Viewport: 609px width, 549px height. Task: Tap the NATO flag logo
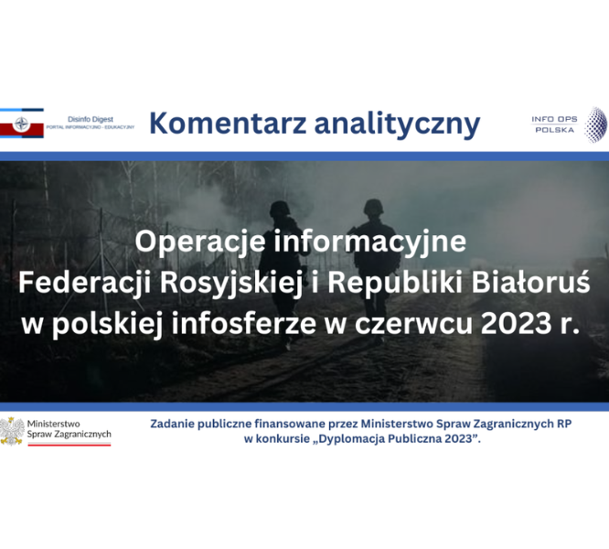tap(21, 124)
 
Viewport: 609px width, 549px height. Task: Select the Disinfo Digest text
tap(91, 119)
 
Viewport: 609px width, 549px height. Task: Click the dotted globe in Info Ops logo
tap(596, 124)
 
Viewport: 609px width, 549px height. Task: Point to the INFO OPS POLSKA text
tap(554, 124)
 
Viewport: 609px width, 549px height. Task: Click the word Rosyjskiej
tap(231, 284)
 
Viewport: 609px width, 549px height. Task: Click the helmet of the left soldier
tap(280, 209)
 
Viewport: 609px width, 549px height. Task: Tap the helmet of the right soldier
tap(374, 207)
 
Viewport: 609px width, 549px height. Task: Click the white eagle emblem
tap(12, 431)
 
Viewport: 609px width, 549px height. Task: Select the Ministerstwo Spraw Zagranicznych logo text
tap(69, 429)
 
